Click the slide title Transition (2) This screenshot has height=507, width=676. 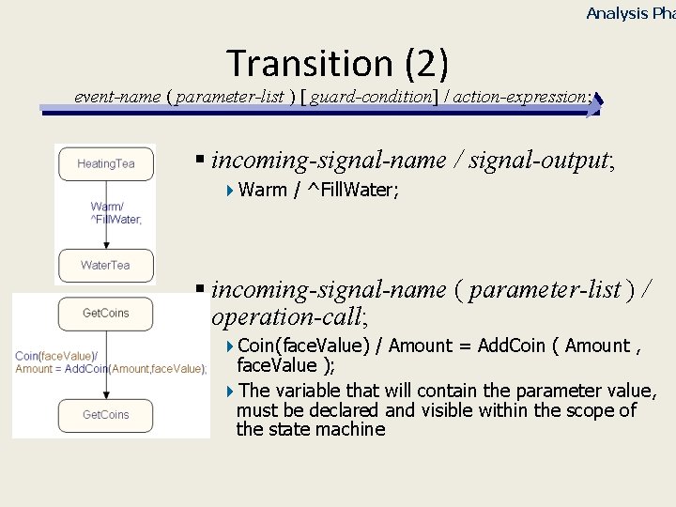tap(338, 63)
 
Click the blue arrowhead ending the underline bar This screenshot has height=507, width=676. tap(593, 103)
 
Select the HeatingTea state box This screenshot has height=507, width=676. tap(105, 163)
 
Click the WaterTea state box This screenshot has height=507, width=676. tap(105, 265)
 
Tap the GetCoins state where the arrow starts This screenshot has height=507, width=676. tap(105, 313)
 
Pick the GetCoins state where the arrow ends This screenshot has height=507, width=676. tap(105, 414)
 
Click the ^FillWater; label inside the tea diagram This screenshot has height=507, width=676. tap(116, 220)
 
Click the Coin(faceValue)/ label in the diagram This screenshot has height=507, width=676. tap(56, 356)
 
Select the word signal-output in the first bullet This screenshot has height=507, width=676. tap(553, 161)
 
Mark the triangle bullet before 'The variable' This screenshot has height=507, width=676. tap(231, 391)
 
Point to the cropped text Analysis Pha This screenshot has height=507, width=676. tap(629, 13)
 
